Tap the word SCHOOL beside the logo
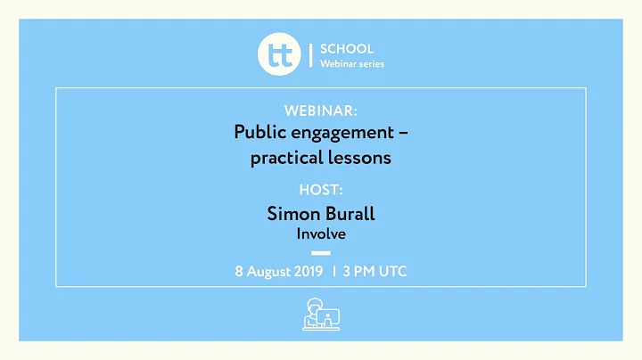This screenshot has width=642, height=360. point(347,49)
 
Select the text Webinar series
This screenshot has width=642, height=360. point(352,64)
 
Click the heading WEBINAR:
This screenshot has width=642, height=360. point(321,110)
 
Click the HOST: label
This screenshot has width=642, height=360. point(321,190)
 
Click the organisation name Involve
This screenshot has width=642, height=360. point(321,234)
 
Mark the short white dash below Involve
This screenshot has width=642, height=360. point(321,253)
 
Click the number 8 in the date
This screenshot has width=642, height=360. point(239,271)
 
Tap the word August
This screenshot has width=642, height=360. point(270,271)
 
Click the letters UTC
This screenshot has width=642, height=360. point(391,271)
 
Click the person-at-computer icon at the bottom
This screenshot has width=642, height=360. point(321,315)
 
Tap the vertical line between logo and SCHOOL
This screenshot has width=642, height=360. point(309,55)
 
